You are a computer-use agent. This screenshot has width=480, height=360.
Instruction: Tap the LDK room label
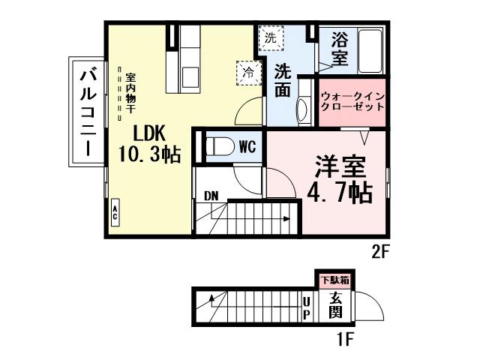coord(148,133)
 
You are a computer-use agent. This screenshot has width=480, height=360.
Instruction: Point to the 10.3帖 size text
coord(148,155)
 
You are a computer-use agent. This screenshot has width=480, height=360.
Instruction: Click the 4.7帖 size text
coord(339,193)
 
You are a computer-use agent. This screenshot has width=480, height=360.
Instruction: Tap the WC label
coord(247,147)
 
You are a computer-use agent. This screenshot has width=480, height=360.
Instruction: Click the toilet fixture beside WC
coord(218,146)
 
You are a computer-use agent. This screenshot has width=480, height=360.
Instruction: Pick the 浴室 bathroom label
coord(337,47)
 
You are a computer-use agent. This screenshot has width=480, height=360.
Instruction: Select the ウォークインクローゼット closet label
coord(352,101)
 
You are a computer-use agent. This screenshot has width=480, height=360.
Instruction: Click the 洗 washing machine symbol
coord(270,36)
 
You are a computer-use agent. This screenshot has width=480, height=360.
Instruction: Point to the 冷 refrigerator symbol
coord(247,72)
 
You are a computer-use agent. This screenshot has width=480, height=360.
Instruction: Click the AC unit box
coord(115,211)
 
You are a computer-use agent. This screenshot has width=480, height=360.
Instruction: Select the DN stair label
coord(211,196)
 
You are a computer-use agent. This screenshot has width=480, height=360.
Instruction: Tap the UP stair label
coord(307,307)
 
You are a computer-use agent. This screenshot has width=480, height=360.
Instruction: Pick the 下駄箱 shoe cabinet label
coord(335,280)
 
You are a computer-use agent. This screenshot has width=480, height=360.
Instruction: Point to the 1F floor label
coord(344,339)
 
